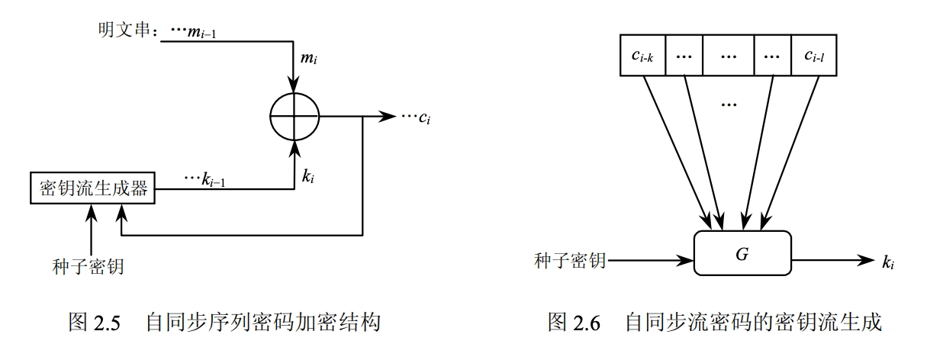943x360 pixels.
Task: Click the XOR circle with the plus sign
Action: [294, 117]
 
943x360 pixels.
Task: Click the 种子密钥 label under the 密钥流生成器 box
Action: [91, 267]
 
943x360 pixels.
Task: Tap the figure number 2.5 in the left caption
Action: [107, 323]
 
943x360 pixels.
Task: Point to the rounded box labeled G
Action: [742, 253]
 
